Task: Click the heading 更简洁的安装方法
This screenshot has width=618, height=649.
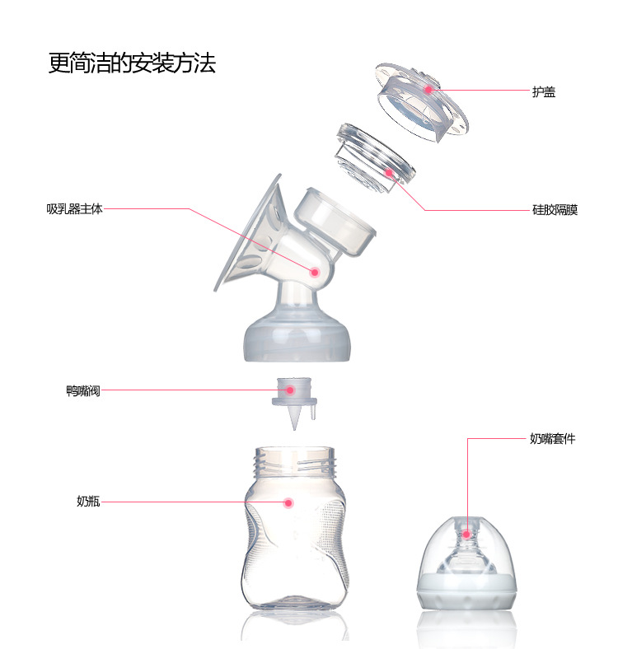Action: (x=132, y=63)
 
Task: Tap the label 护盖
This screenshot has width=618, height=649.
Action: (x=544, y=91)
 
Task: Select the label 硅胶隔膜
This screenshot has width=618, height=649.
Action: (x=555, y=210)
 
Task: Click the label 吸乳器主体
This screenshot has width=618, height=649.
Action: (x=74, y=209)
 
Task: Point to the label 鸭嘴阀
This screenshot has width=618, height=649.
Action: (x=83, y=390)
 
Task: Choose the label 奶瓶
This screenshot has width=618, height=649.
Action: (x=88, y=501)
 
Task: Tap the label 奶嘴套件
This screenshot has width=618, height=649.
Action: (x=553, y=439)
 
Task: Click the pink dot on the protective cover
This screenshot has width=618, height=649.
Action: (x=428, y=90)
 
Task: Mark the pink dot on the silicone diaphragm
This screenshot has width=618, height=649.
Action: (x=389, y=172)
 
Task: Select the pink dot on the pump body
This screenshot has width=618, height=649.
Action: (x=315, y=272)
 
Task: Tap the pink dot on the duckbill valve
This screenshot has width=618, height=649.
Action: (x=290, y=390)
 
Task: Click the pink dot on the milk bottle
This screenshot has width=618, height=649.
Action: (x=288, y=503)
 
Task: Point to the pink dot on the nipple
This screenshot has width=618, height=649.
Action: (x=466, y=535)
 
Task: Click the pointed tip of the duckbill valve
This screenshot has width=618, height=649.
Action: (x=294, y=430)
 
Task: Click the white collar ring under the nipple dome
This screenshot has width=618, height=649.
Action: (x=466, y=592)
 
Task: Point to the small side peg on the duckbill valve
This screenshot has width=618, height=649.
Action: (x=313, y=413)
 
